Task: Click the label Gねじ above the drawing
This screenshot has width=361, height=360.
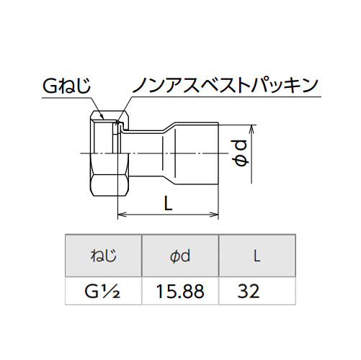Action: [66, 85]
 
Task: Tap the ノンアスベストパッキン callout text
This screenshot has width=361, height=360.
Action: [226, 85]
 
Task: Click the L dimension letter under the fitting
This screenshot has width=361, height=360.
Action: [168, 203]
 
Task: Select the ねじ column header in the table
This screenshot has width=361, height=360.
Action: [104, 256]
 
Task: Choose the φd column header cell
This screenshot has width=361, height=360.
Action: [180, 256]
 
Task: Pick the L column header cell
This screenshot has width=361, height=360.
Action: [257, 256]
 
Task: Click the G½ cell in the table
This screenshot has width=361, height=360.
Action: [102, 291]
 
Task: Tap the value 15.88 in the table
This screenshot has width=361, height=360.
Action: [180, 291]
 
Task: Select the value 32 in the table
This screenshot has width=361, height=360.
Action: [249, 291]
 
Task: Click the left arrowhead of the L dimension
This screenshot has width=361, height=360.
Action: [122, 215]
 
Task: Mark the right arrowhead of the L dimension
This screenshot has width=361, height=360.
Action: [214, 215]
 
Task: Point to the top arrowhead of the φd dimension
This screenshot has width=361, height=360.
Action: [251, 130]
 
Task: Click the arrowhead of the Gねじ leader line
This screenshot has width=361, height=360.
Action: [102, 117]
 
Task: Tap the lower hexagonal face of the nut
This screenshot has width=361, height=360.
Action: [110, 185]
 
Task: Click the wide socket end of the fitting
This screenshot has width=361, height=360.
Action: [197, 153]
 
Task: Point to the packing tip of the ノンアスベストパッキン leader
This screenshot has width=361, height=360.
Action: [117, 124]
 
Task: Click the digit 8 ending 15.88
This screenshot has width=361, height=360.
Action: [198, 291]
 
